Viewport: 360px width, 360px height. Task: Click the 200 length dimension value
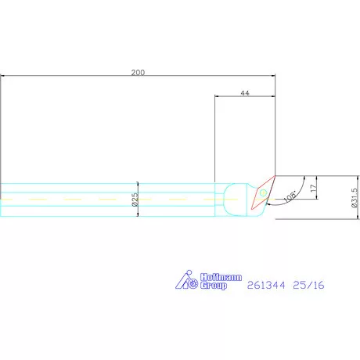138,72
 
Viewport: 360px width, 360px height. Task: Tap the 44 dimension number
245,93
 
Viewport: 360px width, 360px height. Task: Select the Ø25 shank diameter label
135,200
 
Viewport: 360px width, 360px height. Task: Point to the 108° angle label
290,196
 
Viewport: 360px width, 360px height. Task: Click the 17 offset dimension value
313,188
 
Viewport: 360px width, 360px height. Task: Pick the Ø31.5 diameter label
355,198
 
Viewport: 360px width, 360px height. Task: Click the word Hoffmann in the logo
221,277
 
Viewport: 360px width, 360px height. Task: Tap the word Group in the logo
214,285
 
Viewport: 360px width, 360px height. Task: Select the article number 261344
266,285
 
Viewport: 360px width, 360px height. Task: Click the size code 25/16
308,285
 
